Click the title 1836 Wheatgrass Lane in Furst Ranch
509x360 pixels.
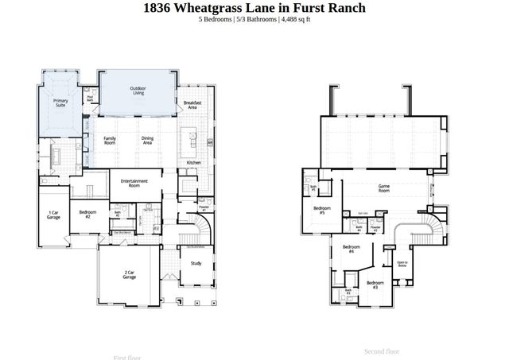[254, 8]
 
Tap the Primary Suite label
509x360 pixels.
[60, 103]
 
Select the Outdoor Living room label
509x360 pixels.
[138, 91]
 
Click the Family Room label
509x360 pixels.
[110, 140]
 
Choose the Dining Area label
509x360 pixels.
[147, 140]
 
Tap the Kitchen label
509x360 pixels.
[194, 162]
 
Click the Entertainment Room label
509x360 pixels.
[134, 183]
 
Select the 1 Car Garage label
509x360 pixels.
[53, 215]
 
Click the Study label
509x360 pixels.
[196, 263]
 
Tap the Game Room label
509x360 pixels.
[384, 189]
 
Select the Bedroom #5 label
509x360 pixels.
[322, 211]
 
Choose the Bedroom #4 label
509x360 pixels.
[348, 249]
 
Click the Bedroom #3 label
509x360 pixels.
[375, 284]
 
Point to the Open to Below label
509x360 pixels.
[402, 264]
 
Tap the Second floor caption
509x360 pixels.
[382, 350]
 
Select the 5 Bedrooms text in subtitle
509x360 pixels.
[216, 19]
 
